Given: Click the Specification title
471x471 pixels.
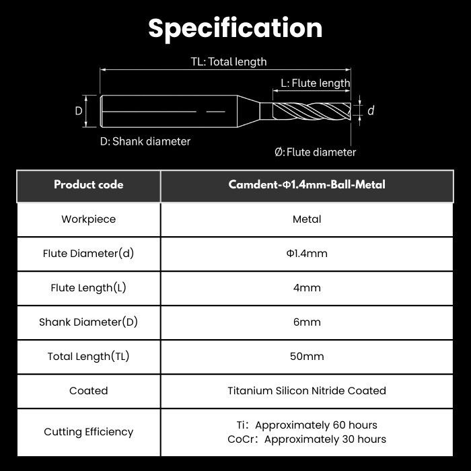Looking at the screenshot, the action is (x=235, y=28).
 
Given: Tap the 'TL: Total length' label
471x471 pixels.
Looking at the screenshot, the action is (x=229, y=62).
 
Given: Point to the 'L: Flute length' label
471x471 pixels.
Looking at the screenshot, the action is (x=316, y=83).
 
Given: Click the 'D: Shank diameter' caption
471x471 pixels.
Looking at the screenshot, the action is (x=145, y=141).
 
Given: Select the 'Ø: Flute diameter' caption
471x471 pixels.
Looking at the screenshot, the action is (x=315, y=152).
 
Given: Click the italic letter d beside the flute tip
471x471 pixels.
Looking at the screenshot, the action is (x=371, y=110).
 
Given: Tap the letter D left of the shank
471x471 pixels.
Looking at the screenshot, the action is (x=79, y=111).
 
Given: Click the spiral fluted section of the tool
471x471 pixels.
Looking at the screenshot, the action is (x=312, y=111).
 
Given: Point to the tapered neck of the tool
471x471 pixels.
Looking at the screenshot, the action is (x=248, y=111).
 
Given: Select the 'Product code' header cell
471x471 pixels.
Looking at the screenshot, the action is (x=89, y=184).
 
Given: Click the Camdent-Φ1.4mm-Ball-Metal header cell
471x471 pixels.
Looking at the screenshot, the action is (x=307, y=184).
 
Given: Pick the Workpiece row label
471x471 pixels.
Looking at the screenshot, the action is (x=89, y=219).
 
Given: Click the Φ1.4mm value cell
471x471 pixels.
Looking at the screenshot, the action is (x=307, y=253).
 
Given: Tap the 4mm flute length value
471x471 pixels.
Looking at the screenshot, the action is (x=307, y=288).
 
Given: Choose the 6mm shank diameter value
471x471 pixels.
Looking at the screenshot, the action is (x=307, y=322).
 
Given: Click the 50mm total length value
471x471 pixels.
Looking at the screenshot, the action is (x=307, y=356).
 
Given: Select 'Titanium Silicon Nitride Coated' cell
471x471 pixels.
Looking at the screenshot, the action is (x=307, y=391).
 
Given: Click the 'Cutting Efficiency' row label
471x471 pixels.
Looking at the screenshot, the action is (x=89, y=432).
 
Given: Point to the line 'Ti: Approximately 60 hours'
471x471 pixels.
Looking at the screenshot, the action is (x=307, y=425).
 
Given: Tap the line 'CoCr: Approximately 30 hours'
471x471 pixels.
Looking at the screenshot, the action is (x=307, y=439).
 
